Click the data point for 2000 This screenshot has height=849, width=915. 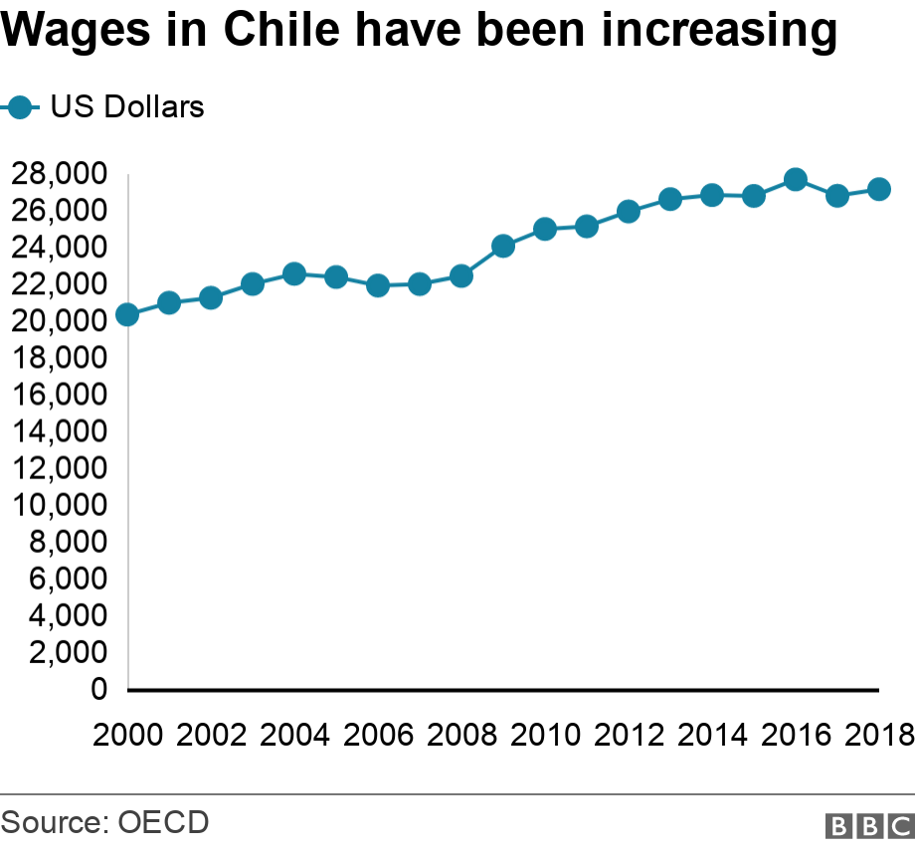pyautogui.click(x=127, y=315)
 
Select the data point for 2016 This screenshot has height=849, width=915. pyautogui.click(x=796, y=179)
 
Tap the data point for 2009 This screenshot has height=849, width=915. pyautogui.click(x=503, y=247)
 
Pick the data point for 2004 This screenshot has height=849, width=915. pyautogui.click(x=294, y=273)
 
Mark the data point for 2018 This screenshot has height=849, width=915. pyautogui.click(x=879, y=190)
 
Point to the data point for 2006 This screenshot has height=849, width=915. pyautogui.click(x=378, y=285)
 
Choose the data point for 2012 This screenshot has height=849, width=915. pyautogui.click(x=628, y=211)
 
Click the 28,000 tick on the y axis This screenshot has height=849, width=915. pyautogui.click(x=59, y=174)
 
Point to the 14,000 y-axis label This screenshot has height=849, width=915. pyautogui.click(x=59, y=431)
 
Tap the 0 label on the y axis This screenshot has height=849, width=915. pyautogui.click(x=99, y=689)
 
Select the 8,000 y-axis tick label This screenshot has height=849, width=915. pyautogui.click(x=68, y=542)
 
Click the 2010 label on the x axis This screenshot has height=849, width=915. pyautogui.click(x=545, y=735)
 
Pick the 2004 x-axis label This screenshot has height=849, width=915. pyautogui.click(x=294, y=735)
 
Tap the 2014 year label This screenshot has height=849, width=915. pyautogui.click(x=712, y=735)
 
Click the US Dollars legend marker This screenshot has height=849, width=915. pyautogui.click(x=20, y=107)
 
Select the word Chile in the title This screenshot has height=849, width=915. pyautogui.click(x=281, y=29)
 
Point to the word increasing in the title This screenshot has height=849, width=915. pyautogui.click(x=719, y=30)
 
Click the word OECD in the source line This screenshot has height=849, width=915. pyautogui.click(x=163, y=822)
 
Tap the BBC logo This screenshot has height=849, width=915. pyautogui.click(x=870, y=826)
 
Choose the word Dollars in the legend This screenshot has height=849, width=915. pyautogui.click(x=154, y=106)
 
